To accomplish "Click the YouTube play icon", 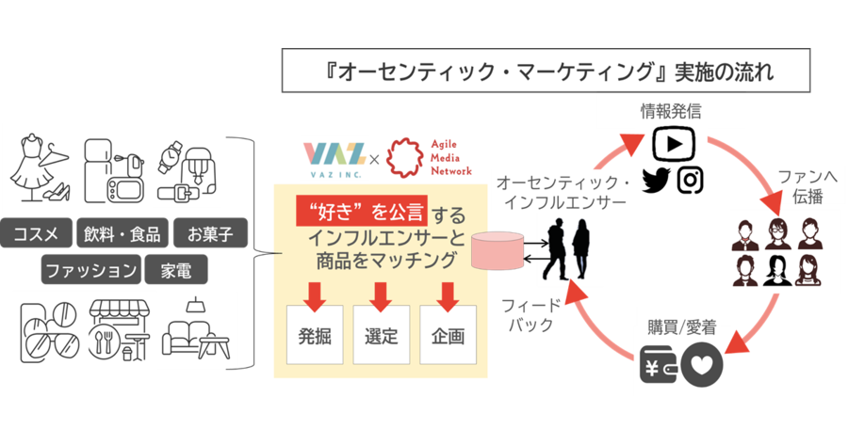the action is pyautogui.click(x=674, y=143).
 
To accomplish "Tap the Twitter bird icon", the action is pyautogui.click(x=656, y=181).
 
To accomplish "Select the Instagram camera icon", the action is pyautogui.click(x=690, y=181).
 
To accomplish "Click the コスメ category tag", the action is pyautogui.click(x=36, y=233).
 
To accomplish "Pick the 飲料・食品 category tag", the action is pyautogui.click(x=122, y=233).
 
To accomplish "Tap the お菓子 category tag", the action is pyautogui.click(x=210, y=233).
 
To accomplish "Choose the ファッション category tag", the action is pyautogui.click(x=90, y=269).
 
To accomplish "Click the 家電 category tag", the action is pyautogui.click(x=176, y=269).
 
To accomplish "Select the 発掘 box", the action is pyautogui.click(x=315, y=335).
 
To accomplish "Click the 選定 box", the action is pyautogui.click(x=382, y=335).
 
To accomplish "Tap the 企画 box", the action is pyautogui.click(x=448, y=335).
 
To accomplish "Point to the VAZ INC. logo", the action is pyautogui.click(x=334, y=159).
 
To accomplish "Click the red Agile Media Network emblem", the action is pyautogui.click(x=406, y=157).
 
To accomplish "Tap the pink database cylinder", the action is pyautogui.click(x=497, y=250).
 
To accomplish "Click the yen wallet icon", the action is pyautogui.click(x=659, y=364).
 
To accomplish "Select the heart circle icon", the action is pyautogui.click(x=702, y=365).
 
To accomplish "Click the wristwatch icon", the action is pyautogui.click(x=170, y=156).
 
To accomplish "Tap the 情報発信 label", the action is pyautogui.click(x=671, y=111).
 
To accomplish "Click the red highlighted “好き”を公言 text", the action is pyautogui.click(x=362, y=211).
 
